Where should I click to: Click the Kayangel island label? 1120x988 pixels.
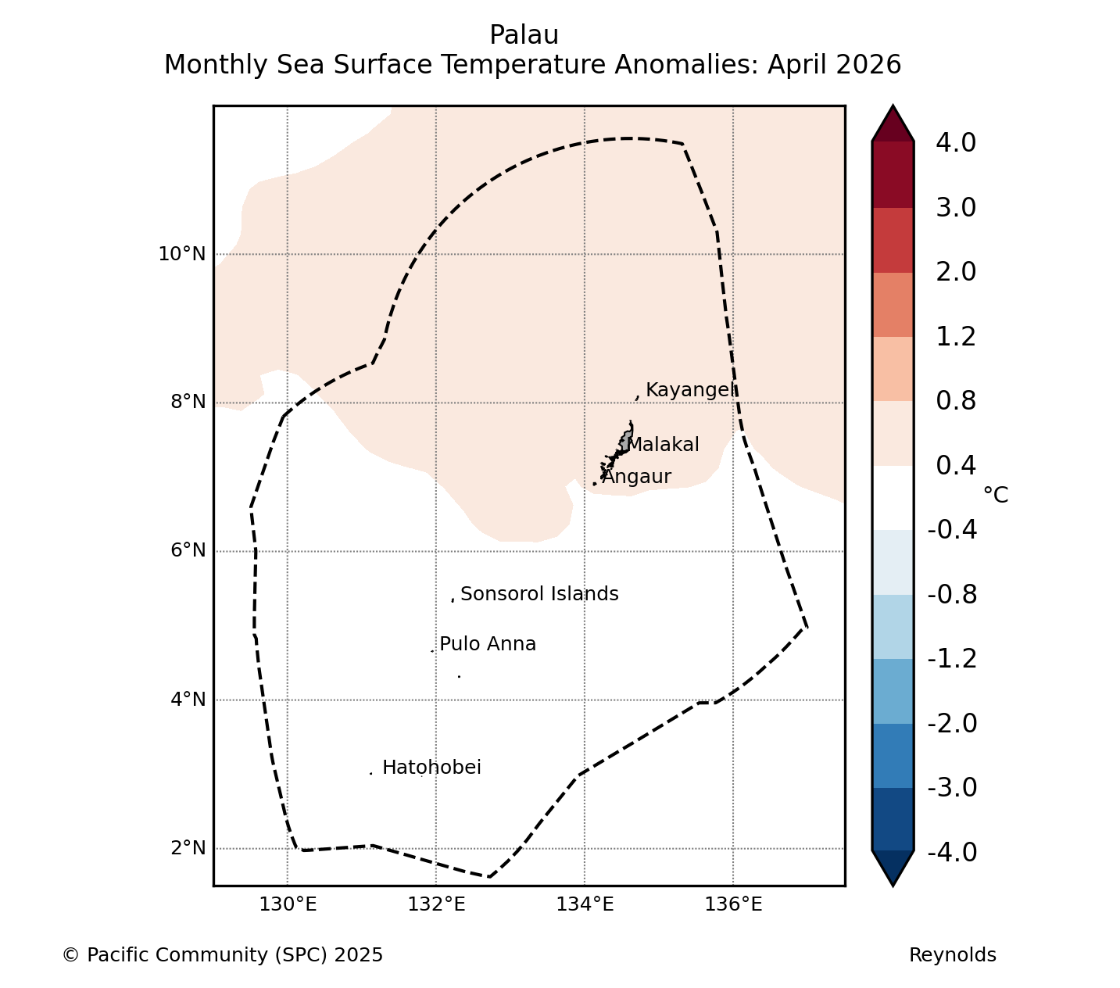coord(690,390)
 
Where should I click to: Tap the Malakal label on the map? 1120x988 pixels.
coord(663,445)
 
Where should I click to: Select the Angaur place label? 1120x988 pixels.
coord(636,477)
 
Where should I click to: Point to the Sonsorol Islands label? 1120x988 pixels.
coord(539,594)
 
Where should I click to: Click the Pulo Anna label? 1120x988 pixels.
coord(488,644)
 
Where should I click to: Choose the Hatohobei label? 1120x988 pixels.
coord(431,768)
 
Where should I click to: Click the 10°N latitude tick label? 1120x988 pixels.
coord(182,254)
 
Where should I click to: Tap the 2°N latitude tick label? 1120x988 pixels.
coord(188,847)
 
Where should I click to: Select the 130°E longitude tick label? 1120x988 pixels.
coord(288,904)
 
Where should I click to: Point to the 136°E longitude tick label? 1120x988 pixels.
coord(734,904)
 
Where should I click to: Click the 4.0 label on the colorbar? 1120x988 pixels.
coord(956,142)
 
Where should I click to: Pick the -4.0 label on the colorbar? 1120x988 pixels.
coord(952,852)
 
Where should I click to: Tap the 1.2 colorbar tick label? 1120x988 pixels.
coord(956,337)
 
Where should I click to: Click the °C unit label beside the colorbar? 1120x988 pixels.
coord(996,495)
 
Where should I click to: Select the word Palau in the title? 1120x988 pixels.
coord(524,35)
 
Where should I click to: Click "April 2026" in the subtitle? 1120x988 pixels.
coord(834,65)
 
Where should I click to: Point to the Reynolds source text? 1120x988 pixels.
coord(953,955)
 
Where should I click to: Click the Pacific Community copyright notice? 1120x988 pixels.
coord(222,955)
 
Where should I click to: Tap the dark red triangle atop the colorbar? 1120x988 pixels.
coord(893,123)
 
